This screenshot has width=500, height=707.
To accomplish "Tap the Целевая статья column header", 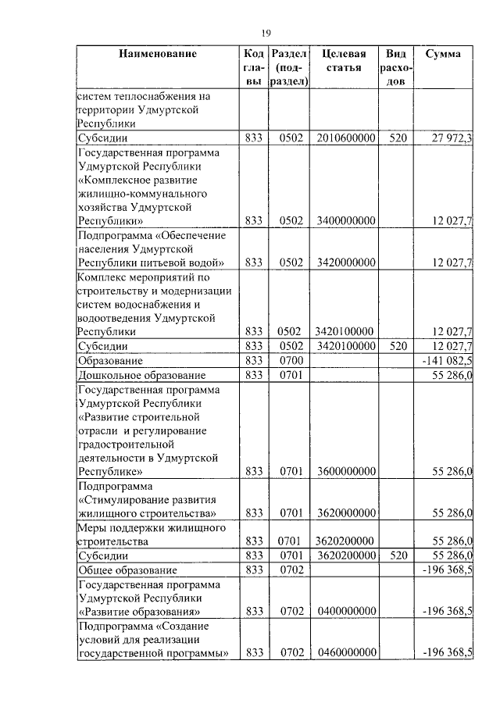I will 345,61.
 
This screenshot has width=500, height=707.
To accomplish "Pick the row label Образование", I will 110,361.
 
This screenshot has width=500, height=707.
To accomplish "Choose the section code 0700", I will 290,361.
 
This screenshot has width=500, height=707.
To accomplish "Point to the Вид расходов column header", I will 396,68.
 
